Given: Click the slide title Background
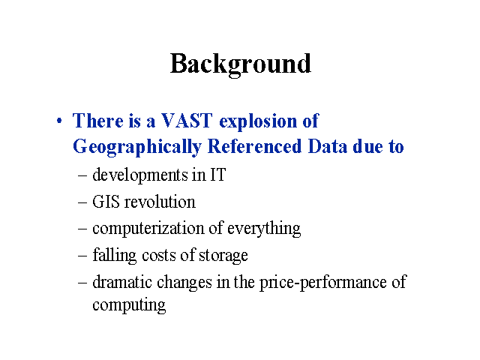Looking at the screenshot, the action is pos(241,64).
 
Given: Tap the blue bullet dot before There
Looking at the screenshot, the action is pos(59,121).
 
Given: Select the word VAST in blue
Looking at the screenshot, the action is pos(187,120).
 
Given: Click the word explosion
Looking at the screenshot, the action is pos(258,121).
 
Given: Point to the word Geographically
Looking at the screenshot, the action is pos(137,147).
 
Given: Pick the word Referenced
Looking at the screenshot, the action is pos(255,146).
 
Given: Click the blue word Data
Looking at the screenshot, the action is pos(328,146).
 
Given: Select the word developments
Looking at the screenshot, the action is pos(140,175).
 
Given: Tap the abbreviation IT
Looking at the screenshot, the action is pos(218,175).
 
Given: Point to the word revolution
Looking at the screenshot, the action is pos(160,202).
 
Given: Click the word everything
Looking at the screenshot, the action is pos(264,229).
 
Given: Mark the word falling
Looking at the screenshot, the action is pos(115,255).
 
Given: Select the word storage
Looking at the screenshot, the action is pos(223,256).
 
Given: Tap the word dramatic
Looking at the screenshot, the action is pos(122,282).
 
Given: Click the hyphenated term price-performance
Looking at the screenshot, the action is pos(323,283).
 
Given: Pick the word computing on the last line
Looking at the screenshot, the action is pos(129,305).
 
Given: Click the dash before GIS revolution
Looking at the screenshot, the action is pos(82,203).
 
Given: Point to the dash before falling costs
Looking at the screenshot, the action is pos(82,256).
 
